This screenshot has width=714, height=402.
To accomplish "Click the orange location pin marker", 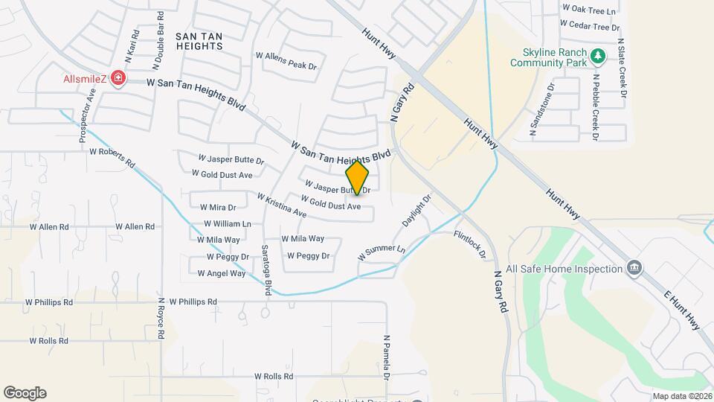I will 358,177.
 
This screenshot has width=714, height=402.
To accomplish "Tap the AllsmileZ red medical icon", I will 118,78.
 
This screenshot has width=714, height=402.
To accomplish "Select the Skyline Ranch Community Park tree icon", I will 596,56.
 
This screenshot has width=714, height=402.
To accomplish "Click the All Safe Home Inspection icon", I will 634,268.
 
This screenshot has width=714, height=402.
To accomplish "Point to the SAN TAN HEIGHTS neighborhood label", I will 199,41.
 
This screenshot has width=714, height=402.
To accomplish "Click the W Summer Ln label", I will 382,253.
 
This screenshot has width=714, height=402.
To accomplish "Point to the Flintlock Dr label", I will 470,245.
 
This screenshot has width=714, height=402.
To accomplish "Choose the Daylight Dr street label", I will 416,212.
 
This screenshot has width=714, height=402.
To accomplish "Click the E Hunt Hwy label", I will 682,308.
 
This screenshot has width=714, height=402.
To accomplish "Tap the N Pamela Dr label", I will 387,357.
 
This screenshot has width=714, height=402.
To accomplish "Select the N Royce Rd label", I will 161,319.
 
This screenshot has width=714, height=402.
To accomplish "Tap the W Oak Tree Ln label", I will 590,10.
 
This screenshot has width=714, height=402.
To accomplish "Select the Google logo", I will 25,392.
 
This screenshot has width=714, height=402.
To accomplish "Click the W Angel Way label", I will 222,273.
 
